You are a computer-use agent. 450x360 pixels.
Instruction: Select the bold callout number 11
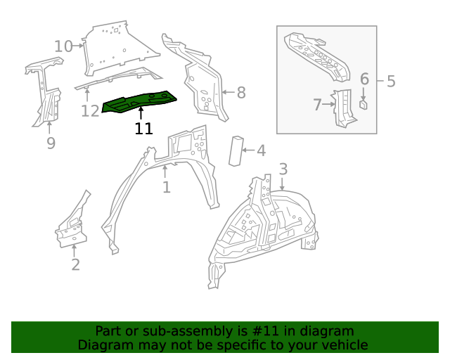[143, 129]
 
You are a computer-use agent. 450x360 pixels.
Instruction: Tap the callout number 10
[63, 46]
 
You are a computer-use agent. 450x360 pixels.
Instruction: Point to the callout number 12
[90, 110]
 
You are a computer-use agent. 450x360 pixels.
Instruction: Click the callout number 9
[51, 143]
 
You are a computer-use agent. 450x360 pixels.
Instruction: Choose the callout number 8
[240, 92]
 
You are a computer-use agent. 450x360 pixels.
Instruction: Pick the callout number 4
[261, 150]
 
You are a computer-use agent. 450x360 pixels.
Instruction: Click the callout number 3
[283, 169]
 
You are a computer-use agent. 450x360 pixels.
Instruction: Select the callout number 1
[166, 187]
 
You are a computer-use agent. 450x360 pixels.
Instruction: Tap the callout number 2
[75, 264]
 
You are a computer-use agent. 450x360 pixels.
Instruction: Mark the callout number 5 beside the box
[391, 82]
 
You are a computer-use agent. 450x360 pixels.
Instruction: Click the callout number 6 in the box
[364, 79]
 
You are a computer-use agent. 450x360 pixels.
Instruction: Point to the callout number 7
[317, 105]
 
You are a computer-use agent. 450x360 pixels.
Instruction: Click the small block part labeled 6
[364, 105]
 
